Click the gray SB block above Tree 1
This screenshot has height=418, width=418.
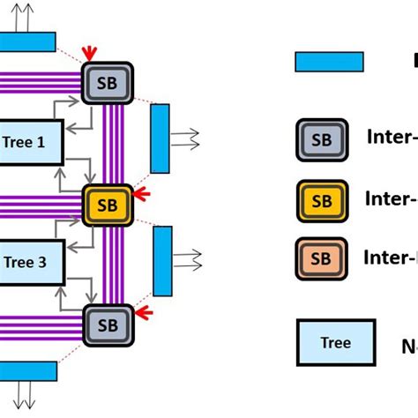click(108, 83)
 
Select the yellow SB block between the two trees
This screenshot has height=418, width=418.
click(108, 205)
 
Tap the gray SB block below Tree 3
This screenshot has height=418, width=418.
click(108, 325)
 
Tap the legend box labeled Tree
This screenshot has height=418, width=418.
click(335, 343)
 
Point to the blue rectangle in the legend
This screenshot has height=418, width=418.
click(329, 61)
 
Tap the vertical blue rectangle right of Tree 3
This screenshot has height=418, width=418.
click(162, 261)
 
